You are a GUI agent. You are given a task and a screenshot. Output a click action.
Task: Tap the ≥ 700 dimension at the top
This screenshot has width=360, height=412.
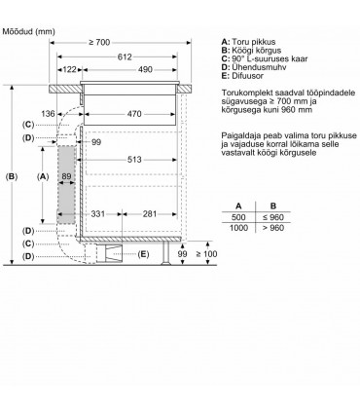101,42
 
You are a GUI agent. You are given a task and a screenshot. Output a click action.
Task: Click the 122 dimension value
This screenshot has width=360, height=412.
69,70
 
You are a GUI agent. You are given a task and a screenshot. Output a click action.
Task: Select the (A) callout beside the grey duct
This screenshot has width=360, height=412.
42,176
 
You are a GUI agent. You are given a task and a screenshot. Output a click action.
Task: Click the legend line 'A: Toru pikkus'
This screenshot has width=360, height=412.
255,42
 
